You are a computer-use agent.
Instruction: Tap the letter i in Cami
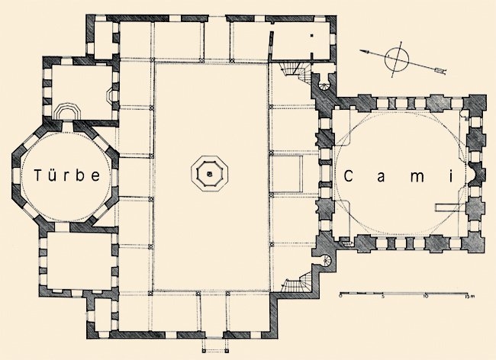(451, 176)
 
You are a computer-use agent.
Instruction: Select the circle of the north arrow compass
(396, 59)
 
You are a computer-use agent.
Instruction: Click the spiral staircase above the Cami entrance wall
(324, 82)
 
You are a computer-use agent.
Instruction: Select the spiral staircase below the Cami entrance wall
(326, 262)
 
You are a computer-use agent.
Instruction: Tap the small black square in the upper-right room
(311, 35)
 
